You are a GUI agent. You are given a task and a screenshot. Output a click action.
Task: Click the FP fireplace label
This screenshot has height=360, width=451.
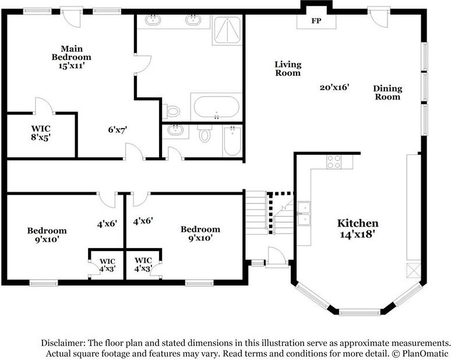click(316, 20)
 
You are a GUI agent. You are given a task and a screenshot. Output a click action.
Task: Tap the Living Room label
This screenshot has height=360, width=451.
click(288, 69)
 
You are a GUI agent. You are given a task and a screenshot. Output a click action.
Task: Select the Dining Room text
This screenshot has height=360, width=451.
click(387, 93)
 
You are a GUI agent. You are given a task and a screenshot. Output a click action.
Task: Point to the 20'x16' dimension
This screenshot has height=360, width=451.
click(334, 87)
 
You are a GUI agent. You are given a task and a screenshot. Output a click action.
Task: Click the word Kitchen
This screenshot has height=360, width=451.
click(358, 223)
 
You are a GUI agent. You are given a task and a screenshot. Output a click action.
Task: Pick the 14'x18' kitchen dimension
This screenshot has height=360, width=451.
click(358, 235)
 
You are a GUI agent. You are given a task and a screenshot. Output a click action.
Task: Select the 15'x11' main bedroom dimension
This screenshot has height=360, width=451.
click(71, 66)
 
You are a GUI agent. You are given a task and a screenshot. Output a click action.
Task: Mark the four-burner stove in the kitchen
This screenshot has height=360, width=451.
click(334, 161)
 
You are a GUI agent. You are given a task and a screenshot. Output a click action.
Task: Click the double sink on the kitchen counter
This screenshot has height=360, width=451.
click(304, 214)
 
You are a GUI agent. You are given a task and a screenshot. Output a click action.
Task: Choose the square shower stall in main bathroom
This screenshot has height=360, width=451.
click(227, 30)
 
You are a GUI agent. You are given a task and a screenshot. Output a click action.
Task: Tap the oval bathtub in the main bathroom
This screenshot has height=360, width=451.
click(216, 107)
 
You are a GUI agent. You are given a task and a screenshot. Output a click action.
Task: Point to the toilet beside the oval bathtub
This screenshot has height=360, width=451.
click(173, 111)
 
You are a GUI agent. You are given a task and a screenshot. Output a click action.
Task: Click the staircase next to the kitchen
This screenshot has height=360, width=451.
click(256, 213)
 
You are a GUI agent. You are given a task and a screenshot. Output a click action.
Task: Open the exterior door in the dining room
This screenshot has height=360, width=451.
click(378, 16)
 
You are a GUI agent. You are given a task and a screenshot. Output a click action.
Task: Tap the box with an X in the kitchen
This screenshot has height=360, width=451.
click(413, 271)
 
